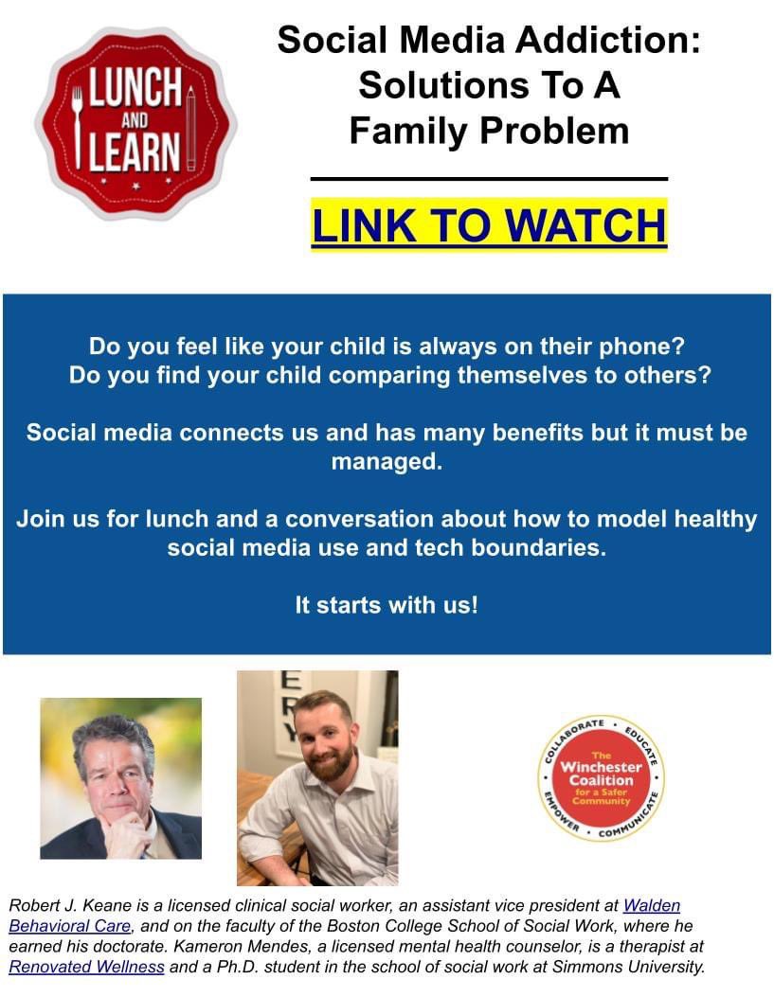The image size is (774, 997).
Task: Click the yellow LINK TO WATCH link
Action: coord(489,225)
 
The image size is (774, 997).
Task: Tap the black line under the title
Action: coord(489,178)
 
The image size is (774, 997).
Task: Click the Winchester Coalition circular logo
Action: coord(601,778)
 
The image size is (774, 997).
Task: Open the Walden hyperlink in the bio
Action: coord(651,906)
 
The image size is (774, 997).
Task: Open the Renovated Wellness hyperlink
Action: coord(86,967)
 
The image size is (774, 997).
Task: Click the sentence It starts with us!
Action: coord(387,605)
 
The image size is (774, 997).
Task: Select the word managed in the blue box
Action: coord(387,464)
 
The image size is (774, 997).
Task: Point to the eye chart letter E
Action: coord(293,681)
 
